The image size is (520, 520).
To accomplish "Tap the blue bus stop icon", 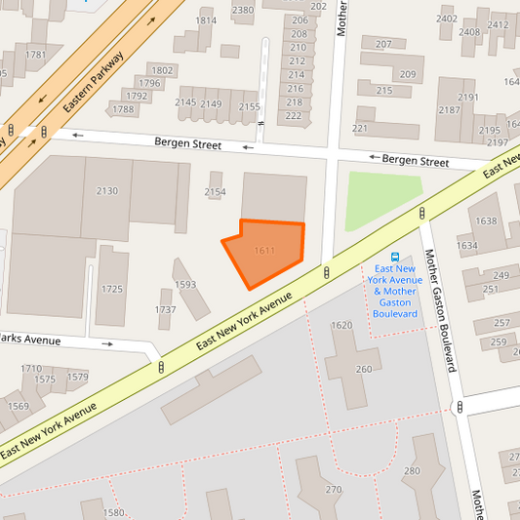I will [x=395, y=257].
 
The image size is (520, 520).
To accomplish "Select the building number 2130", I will [x=107, y=191].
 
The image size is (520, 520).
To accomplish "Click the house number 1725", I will [x=112, y=290].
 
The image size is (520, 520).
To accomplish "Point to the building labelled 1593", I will [x=185, y=285].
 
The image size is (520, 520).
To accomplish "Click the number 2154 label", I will [x=216, y=192].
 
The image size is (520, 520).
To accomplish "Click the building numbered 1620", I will [x=341, y=325].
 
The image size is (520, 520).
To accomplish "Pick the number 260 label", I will [x=364, y=369].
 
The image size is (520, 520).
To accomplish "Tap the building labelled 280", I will [x=411, y=471].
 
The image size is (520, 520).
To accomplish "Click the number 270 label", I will [x=334, y=490].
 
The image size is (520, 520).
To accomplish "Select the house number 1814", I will [x=206, y=20].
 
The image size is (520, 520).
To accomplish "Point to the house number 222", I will [x=293, y=116].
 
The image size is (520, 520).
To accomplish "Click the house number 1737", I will [x=166, y=310].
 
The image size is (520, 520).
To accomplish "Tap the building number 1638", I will [x=486, y=221].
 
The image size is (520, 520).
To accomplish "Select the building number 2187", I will [x=449, y=110].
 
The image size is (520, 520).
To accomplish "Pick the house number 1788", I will [x=123, y=109].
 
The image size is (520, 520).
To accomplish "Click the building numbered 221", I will [x=360, y=128].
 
